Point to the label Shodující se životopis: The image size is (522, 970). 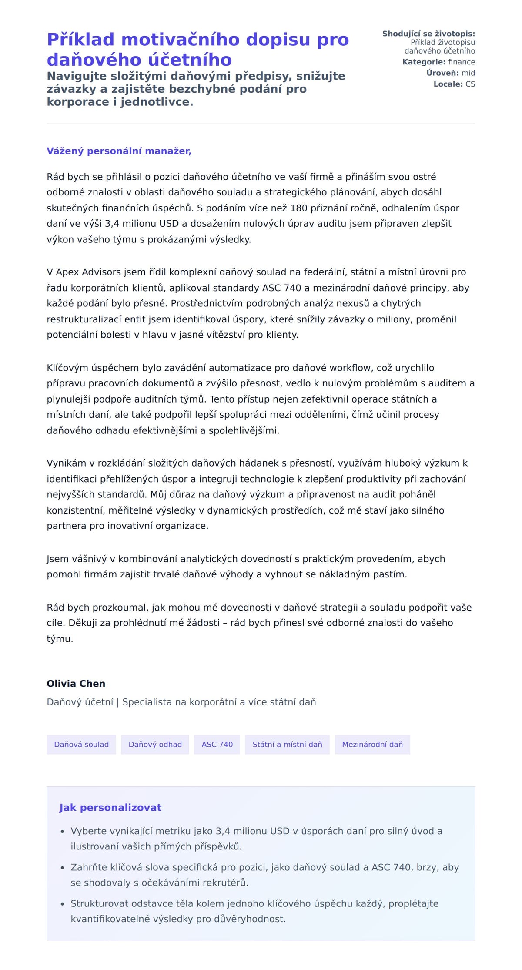point(428,34)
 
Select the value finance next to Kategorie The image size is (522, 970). point(462,62)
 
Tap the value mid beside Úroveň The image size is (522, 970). point(468,73)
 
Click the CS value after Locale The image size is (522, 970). point(470,84)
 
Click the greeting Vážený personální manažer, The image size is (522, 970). point(119,151)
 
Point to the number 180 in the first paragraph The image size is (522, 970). point(298,208)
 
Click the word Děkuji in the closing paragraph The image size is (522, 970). point(84,623)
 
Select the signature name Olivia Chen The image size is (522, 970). point(76,683)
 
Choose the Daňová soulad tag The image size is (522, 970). point(81,744)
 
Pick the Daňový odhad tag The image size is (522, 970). point(155,744)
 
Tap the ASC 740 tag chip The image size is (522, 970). point(217,744)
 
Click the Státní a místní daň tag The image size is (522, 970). point(287,744)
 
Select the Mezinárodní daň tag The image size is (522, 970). point(372,744)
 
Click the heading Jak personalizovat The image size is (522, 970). point(110,807)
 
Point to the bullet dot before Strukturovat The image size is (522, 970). point(63,904)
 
